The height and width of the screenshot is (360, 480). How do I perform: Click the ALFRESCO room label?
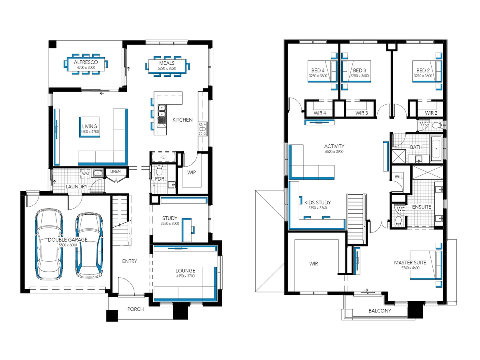[86, 62]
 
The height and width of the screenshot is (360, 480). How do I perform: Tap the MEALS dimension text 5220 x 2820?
[167, 68]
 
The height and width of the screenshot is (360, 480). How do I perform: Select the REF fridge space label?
[163, 157]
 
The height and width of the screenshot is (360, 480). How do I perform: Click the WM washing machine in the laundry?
[85, 174]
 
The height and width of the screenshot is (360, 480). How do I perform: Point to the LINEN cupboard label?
[116, 171]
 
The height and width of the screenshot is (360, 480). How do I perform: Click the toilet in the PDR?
[159, 170]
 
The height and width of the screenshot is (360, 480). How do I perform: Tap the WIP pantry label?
[191, 172]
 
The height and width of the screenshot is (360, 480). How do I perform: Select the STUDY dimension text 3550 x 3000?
[170, 223]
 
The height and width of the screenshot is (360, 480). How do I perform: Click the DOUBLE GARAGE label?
[68, 240]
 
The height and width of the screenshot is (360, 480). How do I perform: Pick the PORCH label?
[136, 309]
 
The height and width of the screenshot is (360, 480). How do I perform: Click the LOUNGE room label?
[186, 271]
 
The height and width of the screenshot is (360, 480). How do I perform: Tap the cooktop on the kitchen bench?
[202, 129]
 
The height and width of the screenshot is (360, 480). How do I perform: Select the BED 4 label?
[318, 70]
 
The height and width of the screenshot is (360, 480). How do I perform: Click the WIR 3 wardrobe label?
[362, 113]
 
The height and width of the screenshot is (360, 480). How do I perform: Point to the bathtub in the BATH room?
[436, 149]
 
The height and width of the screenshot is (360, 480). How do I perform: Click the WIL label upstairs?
[398, 176]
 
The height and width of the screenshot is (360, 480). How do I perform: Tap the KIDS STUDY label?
[318, 202]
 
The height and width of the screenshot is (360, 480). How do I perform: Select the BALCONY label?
[380, 311]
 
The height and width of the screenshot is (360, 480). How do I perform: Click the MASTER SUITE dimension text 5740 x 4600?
[410, 268]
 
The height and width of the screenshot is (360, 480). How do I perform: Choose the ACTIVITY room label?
[334, 146]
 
